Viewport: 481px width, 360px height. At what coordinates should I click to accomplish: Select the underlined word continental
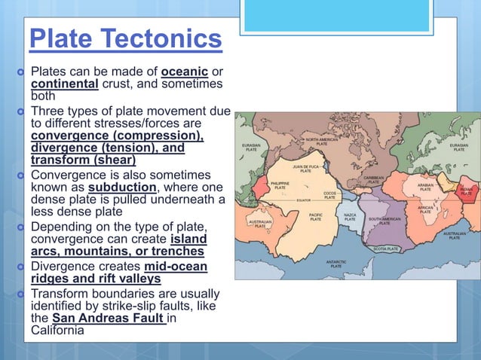pos(64,84)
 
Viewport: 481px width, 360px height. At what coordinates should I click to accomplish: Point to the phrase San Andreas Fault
pos(108,319)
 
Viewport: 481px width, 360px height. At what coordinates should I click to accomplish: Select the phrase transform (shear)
pos(83,160)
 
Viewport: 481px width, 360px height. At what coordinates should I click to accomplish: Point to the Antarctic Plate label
pos(335,264)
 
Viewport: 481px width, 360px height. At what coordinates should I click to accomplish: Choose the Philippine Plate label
pos(280,185)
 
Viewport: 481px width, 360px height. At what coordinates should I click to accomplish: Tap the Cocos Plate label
pos(329,194)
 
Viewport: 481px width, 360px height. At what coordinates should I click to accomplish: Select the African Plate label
pos(425,210)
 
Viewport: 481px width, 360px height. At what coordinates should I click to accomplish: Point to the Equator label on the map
pos(304,200)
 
